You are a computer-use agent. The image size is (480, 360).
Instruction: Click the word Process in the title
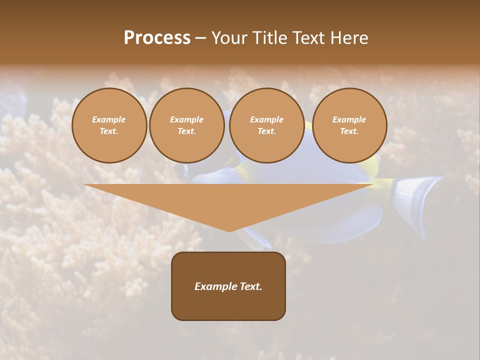157,38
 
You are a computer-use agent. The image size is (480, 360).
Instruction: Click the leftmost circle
109,125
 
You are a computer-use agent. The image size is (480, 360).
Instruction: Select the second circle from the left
186,125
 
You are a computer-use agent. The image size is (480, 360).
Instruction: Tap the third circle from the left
266,125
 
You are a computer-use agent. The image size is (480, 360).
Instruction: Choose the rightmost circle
349,125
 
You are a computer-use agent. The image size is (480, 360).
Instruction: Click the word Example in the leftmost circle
109,119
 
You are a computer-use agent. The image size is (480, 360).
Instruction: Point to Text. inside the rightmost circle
349,131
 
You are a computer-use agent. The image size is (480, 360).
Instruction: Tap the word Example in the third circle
266,119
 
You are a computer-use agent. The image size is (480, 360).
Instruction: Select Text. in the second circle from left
186,131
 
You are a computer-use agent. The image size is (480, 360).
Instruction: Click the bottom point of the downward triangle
229,230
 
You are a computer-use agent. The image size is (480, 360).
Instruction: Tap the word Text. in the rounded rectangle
250,286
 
